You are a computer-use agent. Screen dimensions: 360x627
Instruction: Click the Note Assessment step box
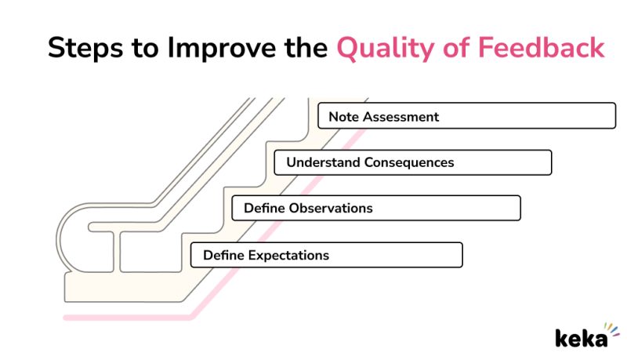point(466,116)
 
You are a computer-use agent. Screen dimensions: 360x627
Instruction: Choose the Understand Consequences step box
point(413,162)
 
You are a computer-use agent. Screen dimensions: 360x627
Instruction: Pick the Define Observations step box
point(376,208)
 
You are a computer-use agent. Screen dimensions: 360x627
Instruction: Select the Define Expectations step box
point(326,255)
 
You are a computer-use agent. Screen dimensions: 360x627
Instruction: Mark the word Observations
point(331,208)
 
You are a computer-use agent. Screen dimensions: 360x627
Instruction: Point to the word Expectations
point(288,255)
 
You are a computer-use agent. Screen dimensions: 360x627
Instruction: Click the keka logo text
point(580,337)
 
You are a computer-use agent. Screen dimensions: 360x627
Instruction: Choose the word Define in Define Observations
point(264,208)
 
